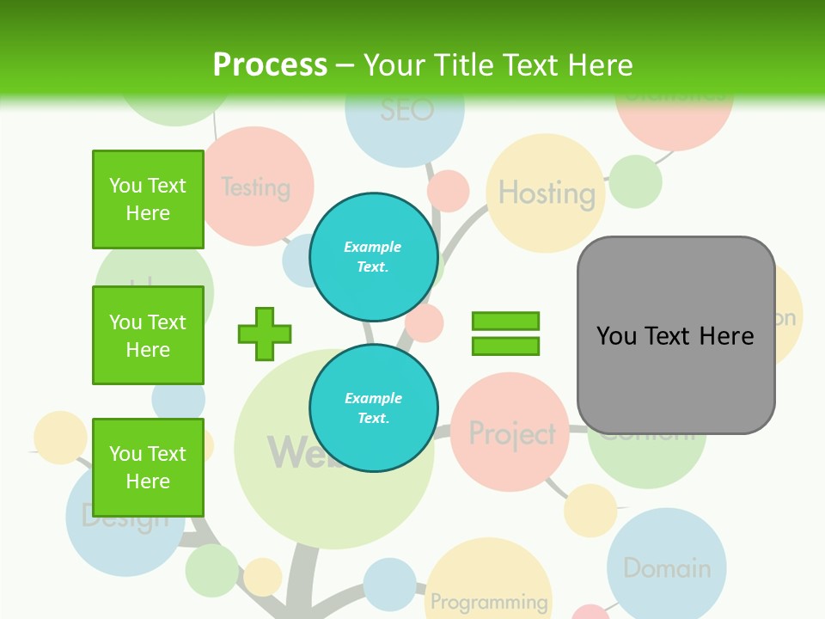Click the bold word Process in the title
click(270, 65)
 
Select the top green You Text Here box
click(148, 199)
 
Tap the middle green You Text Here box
click(148, 335)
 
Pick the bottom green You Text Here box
click(148, 467)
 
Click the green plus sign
click(265, 334)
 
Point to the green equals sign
click(505, 334)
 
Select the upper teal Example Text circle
click(373, 256)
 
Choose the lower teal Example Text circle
click(373, 408)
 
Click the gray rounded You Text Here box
click(675, 335)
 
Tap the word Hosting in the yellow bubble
click(547, 193)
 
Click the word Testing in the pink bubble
click(255, 187)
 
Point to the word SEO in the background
click(406, 110)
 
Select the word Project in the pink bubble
click(512, 434)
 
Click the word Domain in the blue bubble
click(667, 568)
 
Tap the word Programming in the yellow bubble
click(489, 602)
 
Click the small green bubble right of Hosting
click(636, 181)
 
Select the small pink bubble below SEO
click(448, 191)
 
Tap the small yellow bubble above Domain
click(590, 510)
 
